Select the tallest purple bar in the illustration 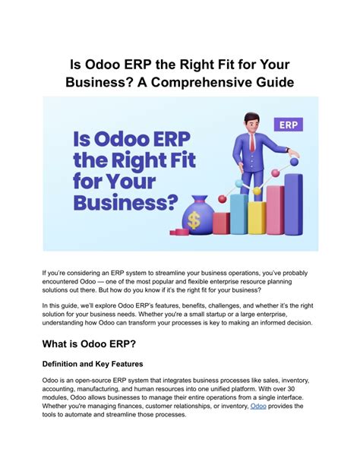click(x=294, y=201)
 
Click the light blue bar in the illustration click(x=238, y=215)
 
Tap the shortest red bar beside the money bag click(x=221, y=223)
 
